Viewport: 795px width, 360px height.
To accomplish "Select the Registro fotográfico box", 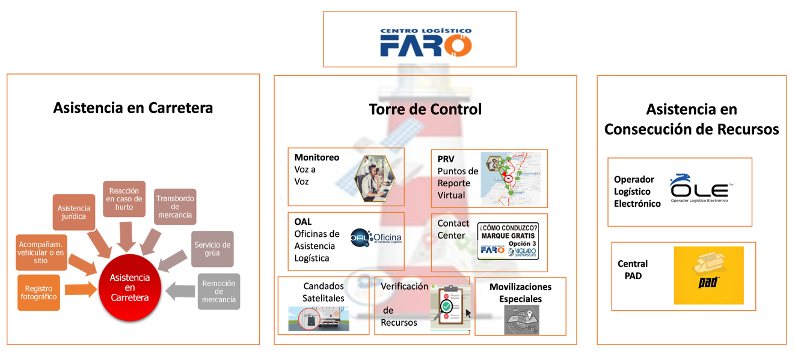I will click(38, 293).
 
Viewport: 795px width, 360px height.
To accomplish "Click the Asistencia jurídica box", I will click(74, 212).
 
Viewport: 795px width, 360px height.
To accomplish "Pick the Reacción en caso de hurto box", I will click(124, 198).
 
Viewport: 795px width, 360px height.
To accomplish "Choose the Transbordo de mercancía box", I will click(175, 206).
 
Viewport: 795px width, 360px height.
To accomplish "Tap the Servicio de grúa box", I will click(212, 249).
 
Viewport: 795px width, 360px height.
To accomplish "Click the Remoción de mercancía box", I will click(219, 291).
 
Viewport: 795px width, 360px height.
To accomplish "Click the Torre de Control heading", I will click(425, 109).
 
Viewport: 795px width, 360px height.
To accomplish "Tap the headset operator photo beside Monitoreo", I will click(375, 178).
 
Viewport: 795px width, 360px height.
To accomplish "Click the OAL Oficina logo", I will click(376, 239).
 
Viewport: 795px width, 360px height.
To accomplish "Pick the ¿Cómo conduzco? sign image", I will click(508, 241).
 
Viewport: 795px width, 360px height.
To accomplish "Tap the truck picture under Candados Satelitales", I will click(318, 319).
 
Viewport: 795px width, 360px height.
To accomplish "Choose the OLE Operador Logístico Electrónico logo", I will click(699, 189).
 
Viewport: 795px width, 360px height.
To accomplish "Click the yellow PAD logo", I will click(708, 275).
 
